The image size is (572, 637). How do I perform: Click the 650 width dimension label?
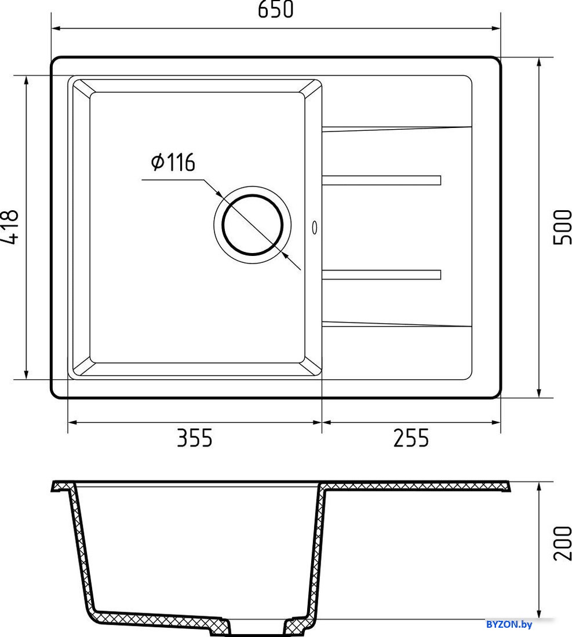[x=275, y=10]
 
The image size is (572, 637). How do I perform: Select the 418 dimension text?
[x=10, y=227]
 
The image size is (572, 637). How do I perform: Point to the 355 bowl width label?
[x=194, y=438]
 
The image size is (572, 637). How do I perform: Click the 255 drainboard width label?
[x=411, y=438]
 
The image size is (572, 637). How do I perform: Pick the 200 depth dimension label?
[x=563, y=543]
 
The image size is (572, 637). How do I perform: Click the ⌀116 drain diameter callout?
[x=173, y=162]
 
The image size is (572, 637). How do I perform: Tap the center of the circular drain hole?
[x=253, y=225]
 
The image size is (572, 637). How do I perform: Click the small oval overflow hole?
[x=314, y=228]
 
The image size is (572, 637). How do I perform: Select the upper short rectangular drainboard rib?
[x=381, y=180]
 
